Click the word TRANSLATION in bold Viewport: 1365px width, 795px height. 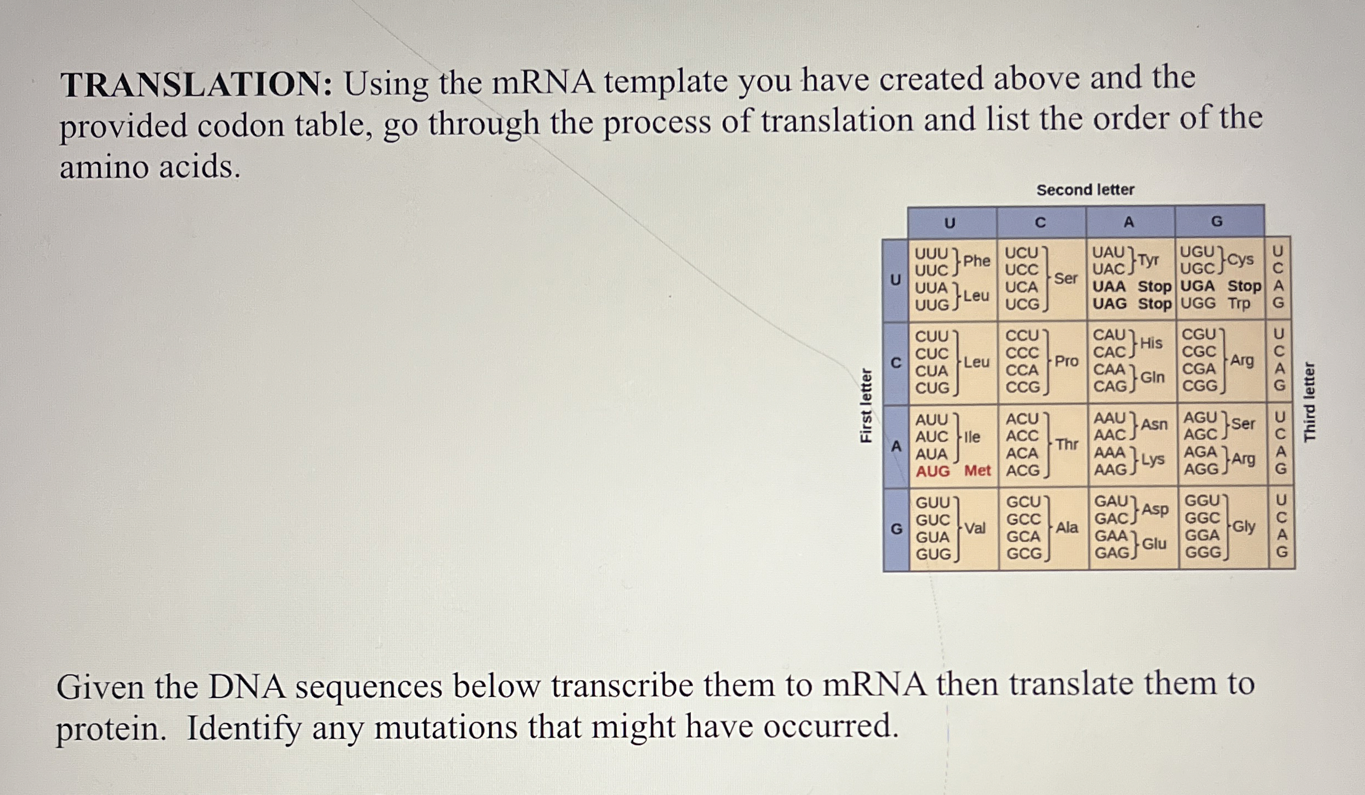coord(196,86)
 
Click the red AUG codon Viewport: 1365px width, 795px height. coord(932,471)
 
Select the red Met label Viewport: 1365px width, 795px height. coord(977,471)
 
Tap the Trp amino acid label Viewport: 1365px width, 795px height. coord(1239,304)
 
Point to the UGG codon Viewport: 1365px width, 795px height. coord(1198,304)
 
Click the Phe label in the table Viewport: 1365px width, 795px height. coord(977,261)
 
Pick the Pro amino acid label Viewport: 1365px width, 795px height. coord(1066,362)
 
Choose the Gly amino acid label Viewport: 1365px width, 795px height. coord(1244,527)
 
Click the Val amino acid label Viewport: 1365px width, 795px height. coord(975,528)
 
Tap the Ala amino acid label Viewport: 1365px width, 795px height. coord(1067,528)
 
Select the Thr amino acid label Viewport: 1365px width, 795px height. coord(1067,444)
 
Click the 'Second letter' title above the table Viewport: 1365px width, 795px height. coord(1085,190)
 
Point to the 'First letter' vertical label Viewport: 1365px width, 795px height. coord(866,405)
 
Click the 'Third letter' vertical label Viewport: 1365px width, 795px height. coord(1309,402)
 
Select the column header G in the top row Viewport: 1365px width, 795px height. coord(1217,222)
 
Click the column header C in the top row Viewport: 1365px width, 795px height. coord(1040,222)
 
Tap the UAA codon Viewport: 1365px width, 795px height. coord(1109,287)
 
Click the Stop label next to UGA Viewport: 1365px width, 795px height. coord(1244,287)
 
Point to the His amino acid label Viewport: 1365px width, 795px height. coord(1151,343)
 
